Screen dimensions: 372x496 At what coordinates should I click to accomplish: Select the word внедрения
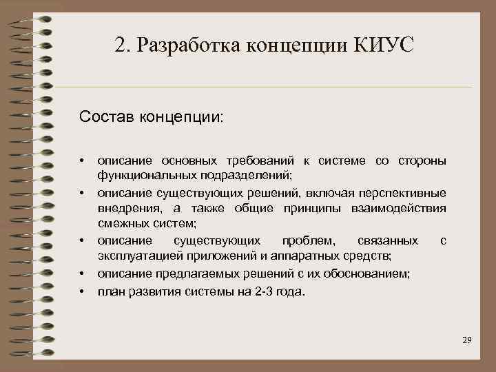pyautogui.click(x=128, y=208)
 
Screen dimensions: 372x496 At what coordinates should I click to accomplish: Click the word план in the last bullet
pyautogui.click(x=110, y=291)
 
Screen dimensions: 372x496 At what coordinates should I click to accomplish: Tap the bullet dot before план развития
pyautogui.click(x=82, y=291)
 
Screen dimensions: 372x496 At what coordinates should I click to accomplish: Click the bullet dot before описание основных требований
pyautogui.click(x=82, y=161)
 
